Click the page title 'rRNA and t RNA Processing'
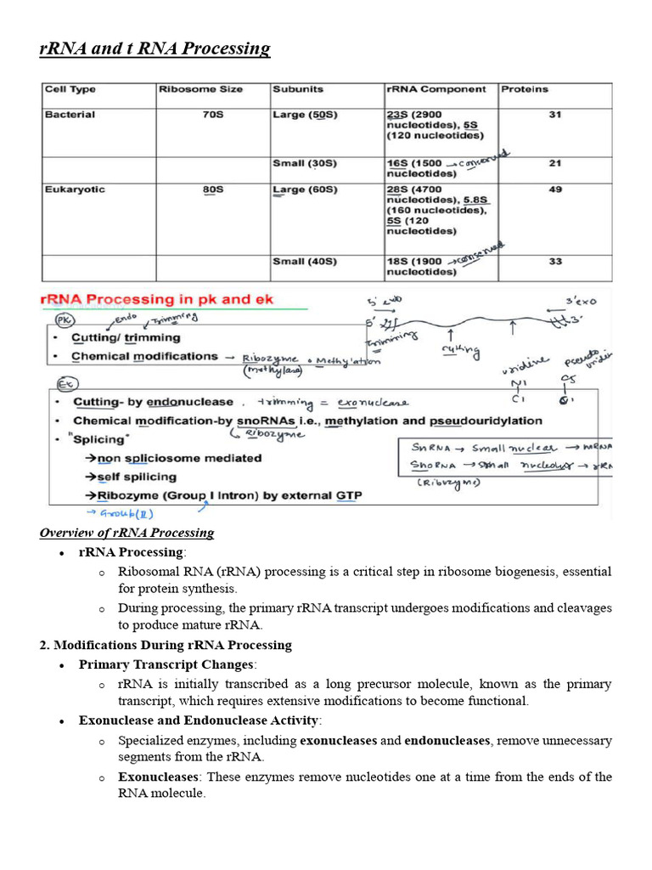click(x=155, y=48)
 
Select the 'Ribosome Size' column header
click(x=200, y=89)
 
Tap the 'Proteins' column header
click(x=525, y=89)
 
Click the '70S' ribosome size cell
click(x=213, y=115)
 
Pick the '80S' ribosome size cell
click(x=213, y=189)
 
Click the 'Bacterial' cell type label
click(x=70, y=115)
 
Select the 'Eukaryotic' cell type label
click(x=75, y=189)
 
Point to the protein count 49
click(x=554, y=189)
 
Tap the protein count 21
click(x=554, y=163)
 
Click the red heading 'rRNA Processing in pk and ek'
click(x=158, y=300)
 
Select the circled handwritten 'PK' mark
click(x=65, y=320)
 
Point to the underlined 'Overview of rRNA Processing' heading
click(x=126, y=533)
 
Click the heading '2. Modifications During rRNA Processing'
click(x=166, y=645)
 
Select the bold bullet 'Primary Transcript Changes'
click(x=166, y=664)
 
